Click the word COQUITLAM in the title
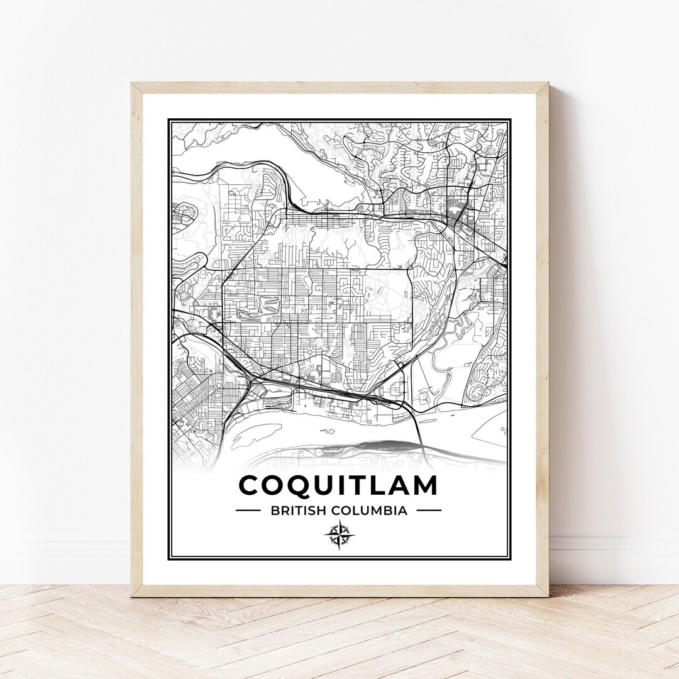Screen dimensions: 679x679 click(x=339, y=485)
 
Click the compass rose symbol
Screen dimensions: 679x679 click(x=339, y=536)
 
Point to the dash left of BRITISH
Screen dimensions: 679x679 click(x=248, y=511)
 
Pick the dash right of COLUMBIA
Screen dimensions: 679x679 click(x=429, y=511)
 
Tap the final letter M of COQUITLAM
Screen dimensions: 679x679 click(x=424, y=485)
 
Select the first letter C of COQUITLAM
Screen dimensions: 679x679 click(x=251, y=485)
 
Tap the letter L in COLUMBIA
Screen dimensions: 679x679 click(x=359, y=511)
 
